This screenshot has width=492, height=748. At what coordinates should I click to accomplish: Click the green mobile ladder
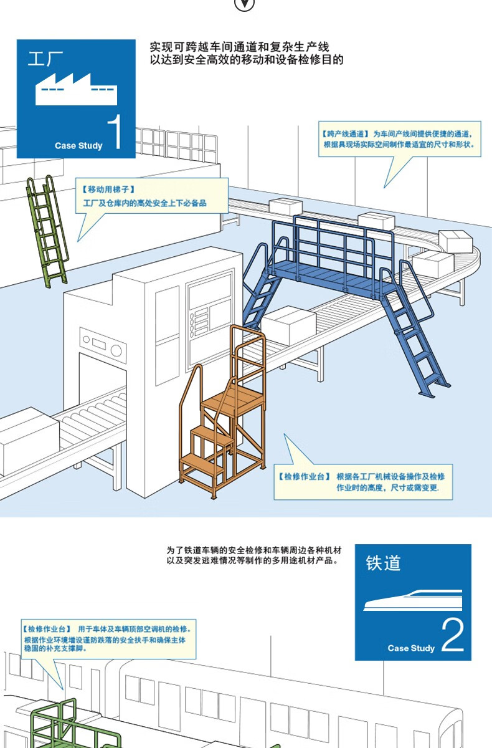(x=47, y=231)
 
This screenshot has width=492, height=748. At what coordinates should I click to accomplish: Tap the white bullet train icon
(x=413, y=600)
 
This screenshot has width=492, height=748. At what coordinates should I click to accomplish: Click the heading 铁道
(x=383, y=563)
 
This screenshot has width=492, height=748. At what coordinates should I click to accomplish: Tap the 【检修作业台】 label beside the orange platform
(x=303, y=476)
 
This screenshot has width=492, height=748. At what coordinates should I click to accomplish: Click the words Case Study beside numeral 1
(x=78, y=146)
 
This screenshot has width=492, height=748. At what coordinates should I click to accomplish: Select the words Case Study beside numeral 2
(x=411, y=648)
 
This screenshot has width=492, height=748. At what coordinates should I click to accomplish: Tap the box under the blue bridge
(x=288, y=325)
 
